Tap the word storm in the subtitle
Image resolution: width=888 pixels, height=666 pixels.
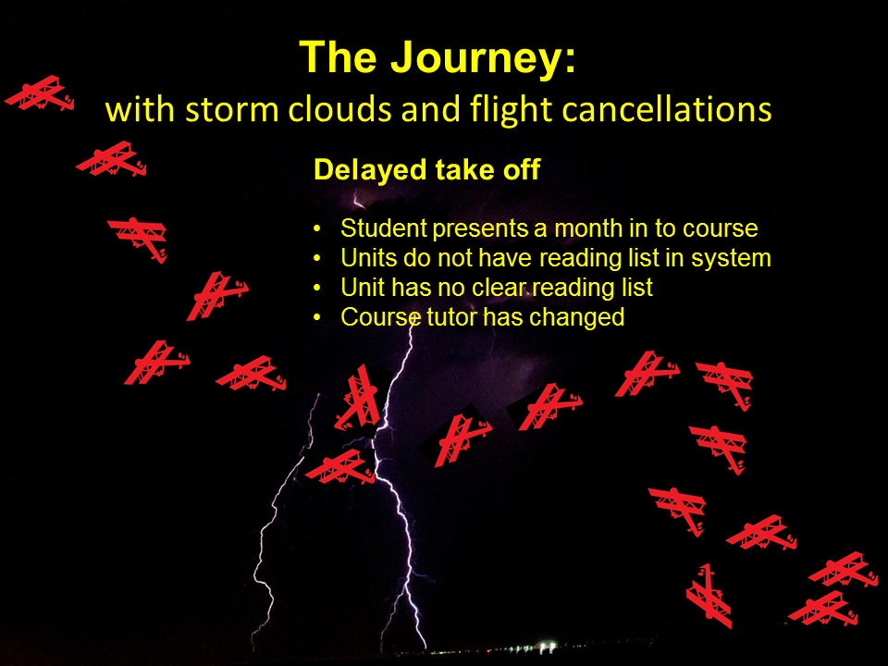coord(231,110)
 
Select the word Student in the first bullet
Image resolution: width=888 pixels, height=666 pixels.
coord(383,228)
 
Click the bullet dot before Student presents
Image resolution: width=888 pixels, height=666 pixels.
coord(317,228)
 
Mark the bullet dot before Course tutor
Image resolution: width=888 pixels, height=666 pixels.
coord(317,317)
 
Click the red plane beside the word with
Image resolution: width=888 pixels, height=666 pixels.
coord(40,92)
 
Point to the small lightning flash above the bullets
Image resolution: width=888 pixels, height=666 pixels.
coord(359,201)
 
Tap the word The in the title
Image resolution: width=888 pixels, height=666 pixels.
coord(339,57)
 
